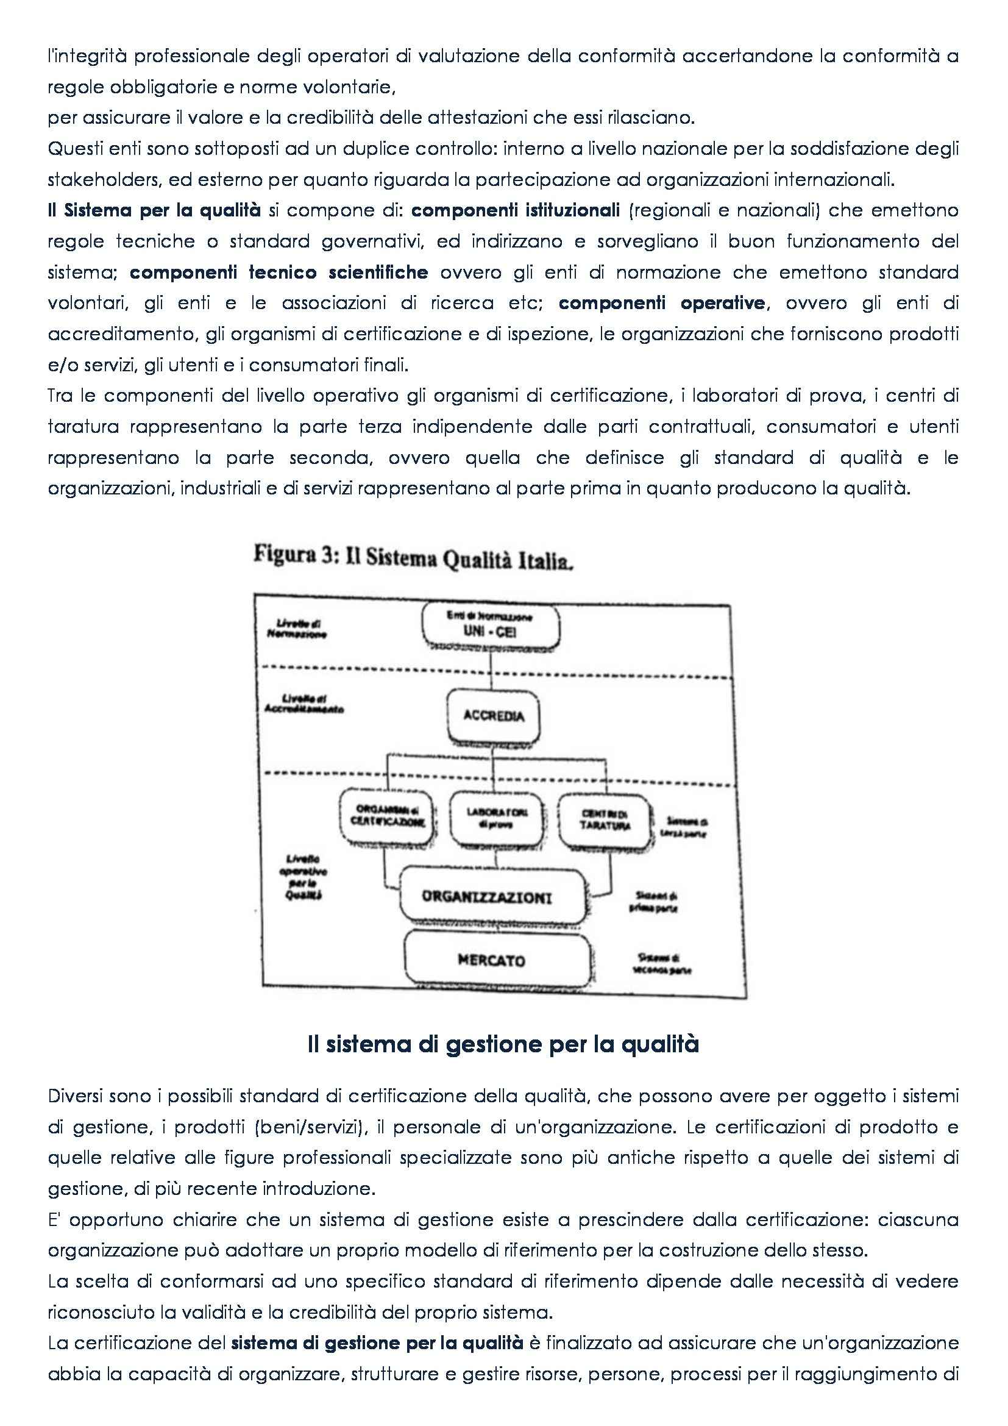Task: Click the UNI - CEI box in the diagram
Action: coord(491,627)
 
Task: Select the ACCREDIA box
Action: coord(494,716)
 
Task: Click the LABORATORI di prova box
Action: coord(497,818)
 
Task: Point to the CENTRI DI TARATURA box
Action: coord(605,820)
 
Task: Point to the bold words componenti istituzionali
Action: coord(515,210)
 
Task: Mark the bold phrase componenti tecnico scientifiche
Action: coord(279,272)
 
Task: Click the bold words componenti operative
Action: coord(662,303)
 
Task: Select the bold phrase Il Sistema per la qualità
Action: coord(155,210)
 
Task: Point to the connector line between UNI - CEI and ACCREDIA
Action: coord(491,671)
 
